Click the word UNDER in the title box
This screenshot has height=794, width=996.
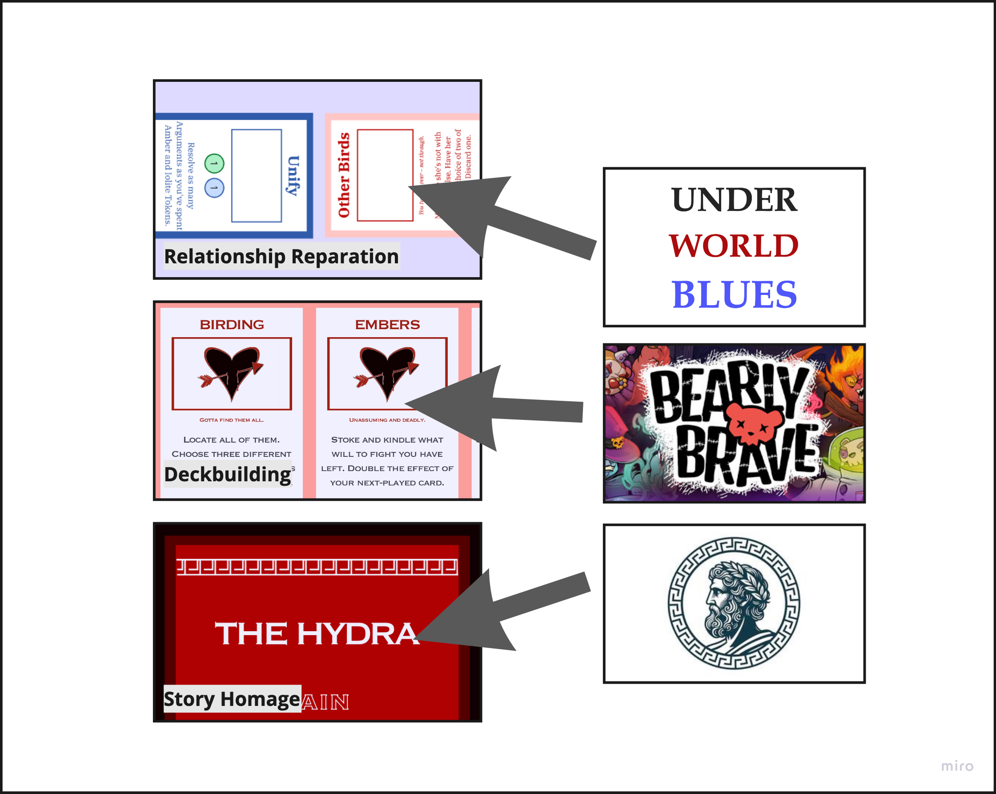(x=734, y=200)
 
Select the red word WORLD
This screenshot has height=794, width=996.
(x=734, y=246)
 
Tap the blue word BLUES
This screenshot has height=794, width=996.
(x=734, y=294)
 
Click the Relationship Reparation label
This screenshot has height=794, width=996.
(x=281, y=257)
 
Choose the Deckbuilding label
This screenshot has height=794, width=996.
(x=228, y=474)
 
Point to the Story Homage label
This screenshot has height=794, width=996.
(x=232, y=699)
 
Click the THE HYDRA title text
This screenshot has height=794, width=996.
(x=317, y=633)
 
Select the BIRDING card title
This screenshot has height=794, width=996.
(x=232, y=324)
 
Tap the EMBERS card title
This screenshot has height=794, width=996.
(x=387, y=324)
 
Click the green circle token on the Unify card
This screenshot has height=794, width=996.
(x=214, y=164)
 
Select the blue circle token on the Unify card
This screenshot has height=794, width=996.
(x=214, y=188)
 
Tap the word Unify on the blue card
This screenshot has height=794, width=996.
(x=293, y=176)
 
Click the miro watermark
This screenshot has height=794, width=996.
(x=957, y=766)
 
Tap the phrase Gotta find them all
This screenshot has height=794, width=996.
(x=232, y=419)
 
